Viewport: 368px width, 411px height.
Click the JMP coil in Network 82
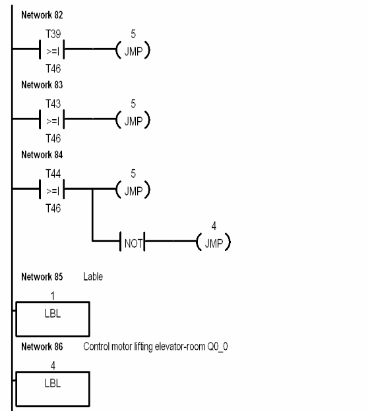[133, 49]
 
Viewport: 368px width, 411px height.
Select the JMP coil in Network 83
[133, 120]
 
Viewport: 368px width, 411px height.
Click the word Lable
[93, 277]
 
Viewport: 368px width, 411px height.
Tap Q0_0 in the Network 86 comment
[219, 346]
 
